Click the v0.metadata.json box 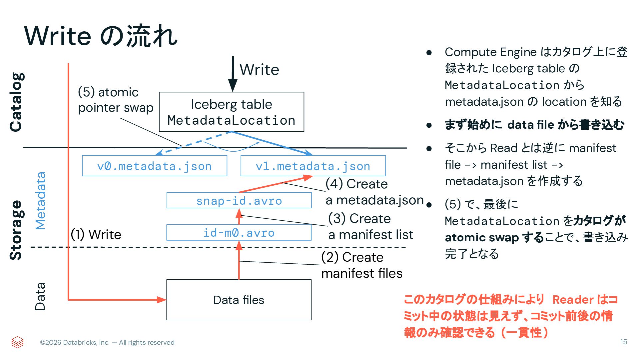click(155, 166)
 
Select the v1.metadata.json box click(313, 166)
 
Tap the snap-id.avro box click(239, 200)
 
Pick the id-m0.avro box click(239, 233)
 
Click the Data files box click(239, 300)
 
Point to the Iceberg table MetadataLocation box click(232, 112)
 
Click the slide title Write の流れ click(101, 36)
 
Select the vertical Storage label click(16, 230)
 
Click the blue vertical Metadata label click(40, 201)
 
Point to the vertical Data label click(40, 296)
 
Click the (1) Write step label click(96, 234)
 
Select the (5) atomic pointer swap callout click(116, 100)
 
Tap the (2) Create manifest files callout click(362, 265)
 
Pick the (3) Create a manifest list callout click(370, 227)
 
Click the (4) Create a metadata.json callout click(374, 192)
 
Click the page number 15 click(624, 342)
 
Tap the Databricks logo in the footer click(17, 342)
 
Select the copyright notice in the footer click(107, 342)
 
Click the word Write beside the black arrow click(259, 70)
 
